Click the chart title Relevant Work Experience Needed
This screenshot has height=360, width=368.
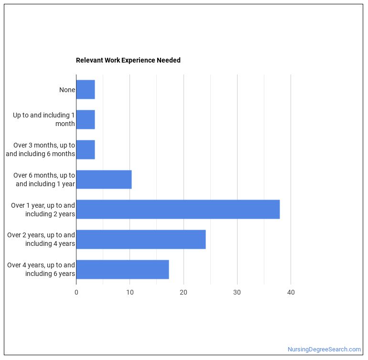click(x=128, y=60)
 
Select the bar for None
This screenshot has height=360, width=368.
click(x=86, y=90)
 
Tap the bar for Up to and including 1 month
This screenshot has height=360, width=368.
click(x=86, y=119)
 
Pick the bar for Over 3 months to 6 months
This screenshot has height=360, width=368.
click(x=86, y=149)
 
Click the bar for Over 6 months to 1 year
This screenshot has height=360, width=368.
click(x=104, y=180)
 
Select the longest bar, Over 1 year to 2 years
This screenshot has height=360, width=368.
click(x=178, y=209)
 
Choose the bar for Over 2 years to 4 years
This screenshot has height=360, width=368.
click(x=141, y=239)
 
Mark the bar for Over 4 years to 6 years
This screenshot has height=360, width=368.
click(x=122, y=269)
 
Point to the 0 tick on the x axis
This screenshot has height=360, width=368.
click(x=76, y=292)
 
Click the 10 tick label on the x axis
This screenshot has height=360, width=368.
click(x=130, y=292)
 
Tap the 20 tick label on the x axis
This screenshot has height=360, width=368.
click(x=184, y=292)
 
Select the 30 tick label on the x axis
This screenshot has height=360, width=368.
click(x=237, y=292)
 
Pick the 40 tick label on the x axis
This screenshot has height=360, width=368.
click(x=291, y=292)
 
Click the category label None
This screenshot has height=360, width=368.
click(x=67, y=90)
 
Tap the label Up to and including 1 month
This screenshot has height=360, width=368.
click(x=44, y=119)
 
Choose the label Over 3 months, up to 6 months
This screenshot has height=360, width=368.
click(x=41, y=149)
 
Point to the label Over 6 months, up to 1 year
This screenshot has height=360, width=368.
click(x=44, y=180)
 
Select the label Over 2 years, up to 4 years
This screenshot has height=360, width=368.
click(x=41, y=239)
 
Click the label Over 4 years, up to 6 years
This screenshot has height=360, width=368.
click(x=41, y=269)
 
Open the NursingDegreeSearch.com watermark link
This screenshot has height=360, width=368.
click(x=324, y=349)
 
